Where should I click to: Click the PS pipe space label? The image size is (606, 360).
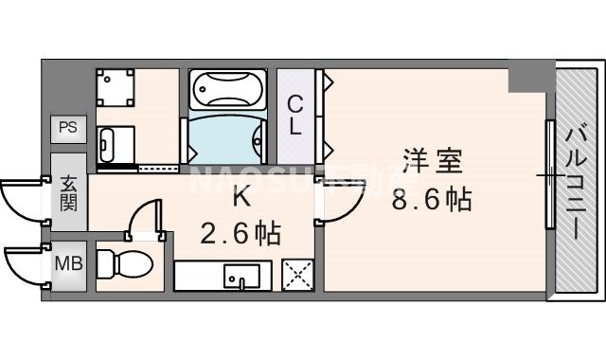(x=66, y=127)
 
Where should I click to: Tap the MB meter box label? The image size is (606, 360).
(x=67, y=262)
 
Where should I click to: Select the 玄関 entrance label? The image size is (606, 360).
(x=69, y=193)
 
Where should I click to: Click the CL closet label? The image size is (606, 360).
(x=294, y=115)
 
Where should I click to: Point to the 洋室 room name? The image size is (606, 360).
(x=433, y=162)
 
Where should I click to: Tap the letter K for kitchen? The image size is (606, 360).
(x=241, y=198)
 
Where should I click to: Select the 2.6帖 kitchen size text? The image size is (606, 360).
(x=241, y=233)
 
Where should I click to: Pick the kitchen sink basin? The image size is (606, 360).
(x=241, y=276)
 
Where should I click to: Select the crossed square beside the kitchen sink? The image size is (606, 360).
(x=296, y=277)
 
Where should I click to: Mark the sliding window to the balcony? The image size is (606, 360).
(x=549, y=176)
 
